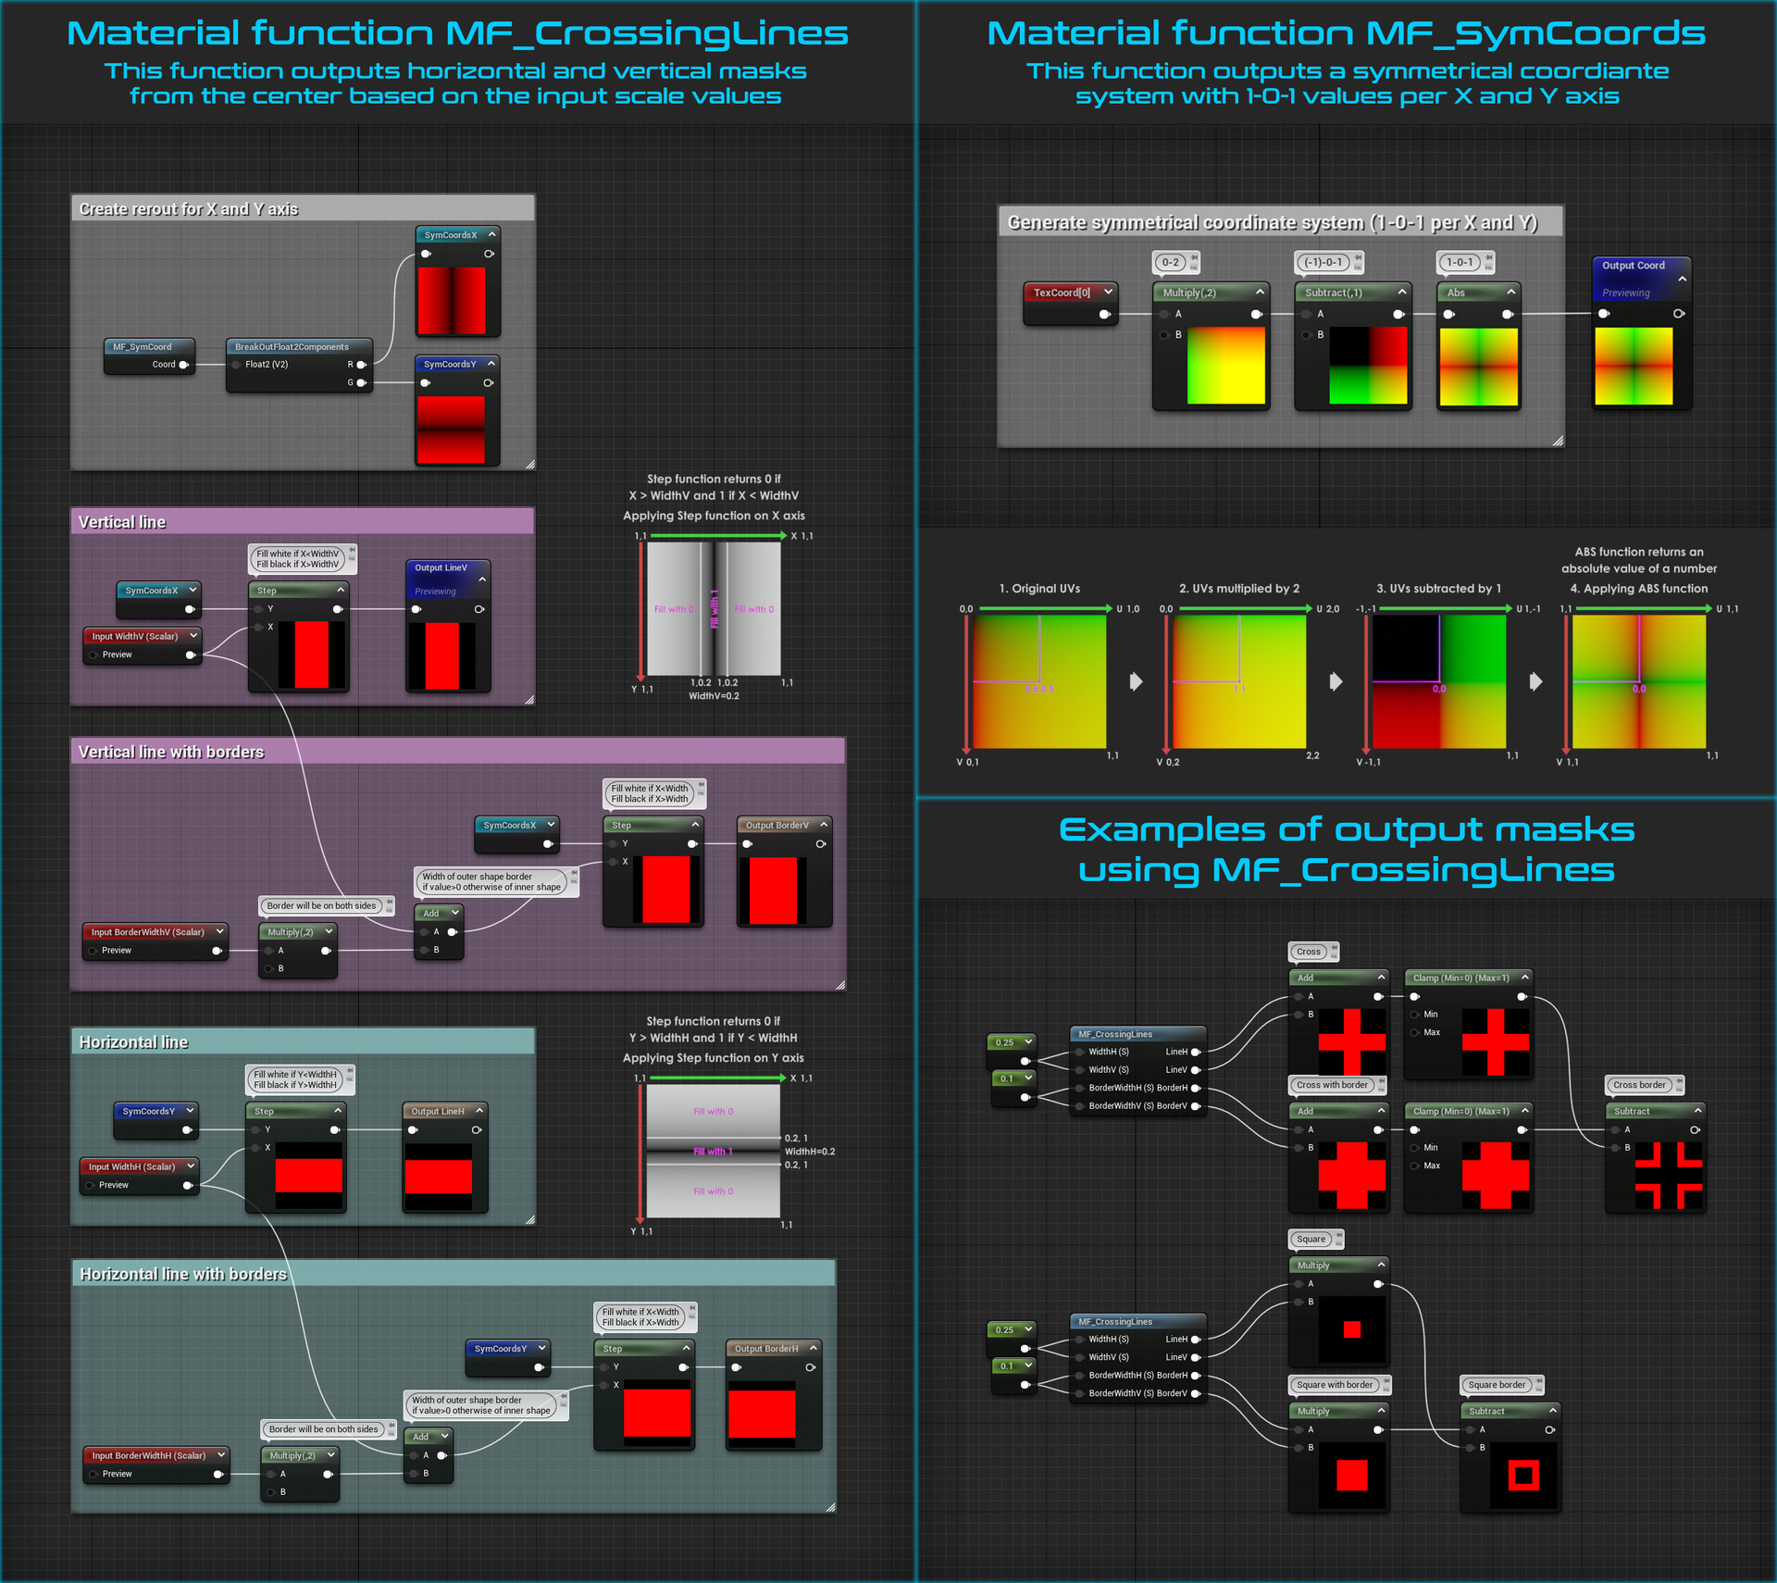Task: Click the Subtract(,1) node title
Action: point(1334,293)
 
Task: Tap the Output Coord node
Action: point(1634,266)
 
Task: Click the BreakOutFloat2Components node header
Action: point(292,347)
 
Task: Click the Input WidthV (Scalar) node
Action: point(135,637)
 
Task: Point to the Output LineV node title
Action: point(441,568)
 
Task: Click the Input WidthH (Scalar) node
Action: point(132,1167)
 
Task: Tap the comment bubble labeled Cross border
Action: point(1638,1085)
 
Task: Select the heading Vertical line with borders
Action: point(171,752)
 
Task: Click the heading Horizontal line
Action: point(133,1042)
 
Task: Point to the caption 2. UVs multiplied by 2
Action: point(1238,589)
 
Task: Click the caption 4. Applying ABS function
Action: point(1638,589)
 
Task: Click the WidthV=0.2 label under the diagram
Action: point(714,696)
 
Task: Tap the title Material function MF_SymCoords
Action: point(1346,33)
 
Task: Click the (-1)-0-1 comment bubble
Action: point(1323,263)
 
